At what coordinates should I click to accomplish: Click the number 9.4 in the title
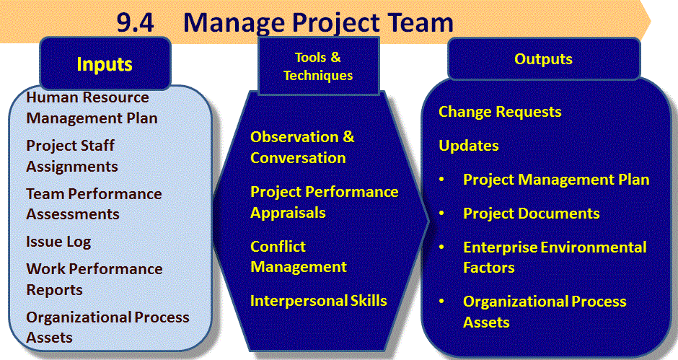(x=136, y=23)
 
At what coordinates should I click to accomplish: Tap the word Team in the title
(x=421, y=22)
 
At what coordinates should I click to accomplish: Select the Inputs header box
(x=105, y=63)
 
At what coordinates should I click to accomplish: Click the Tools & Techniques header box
(x=318, y=66)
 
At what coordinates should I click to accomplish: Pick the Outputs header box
(x=544, y=58)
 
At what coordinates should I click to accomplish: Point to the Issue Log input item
(x=58, y=242)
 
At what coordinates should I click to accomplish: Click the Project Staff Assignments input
(x=72, y=156)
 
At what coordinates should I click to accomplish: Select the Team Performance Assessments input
(x=94, y=203)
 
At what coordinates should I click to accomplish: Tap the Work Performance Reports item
(x=94, y=279)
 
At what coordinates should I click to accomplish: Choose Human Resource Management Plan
(x=92, y=107)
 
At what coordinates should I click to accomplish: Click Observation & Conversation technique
(x=302, y=147)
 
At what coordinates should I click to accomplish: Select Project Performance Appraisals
(x=325, y=202)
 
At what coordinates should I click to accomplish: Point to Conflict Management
(x=299, y=257)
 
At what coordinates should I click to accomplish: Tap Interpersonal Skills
(x=319, y=301)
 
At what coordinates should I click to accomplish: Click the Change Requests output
(x=500, y=112)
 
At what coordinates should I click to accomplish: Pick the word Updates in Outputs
(x=469, y=146)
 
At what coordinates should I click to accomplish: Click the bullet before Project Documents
(x=442, y=213)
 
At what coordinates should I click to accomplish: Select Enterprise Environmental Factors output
(x=555, y=258)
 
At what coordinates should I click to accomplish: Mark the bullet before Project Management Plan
(x=442, y=179)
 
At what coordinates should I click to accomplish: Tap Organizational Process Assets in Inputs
(x=107, y=327)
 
